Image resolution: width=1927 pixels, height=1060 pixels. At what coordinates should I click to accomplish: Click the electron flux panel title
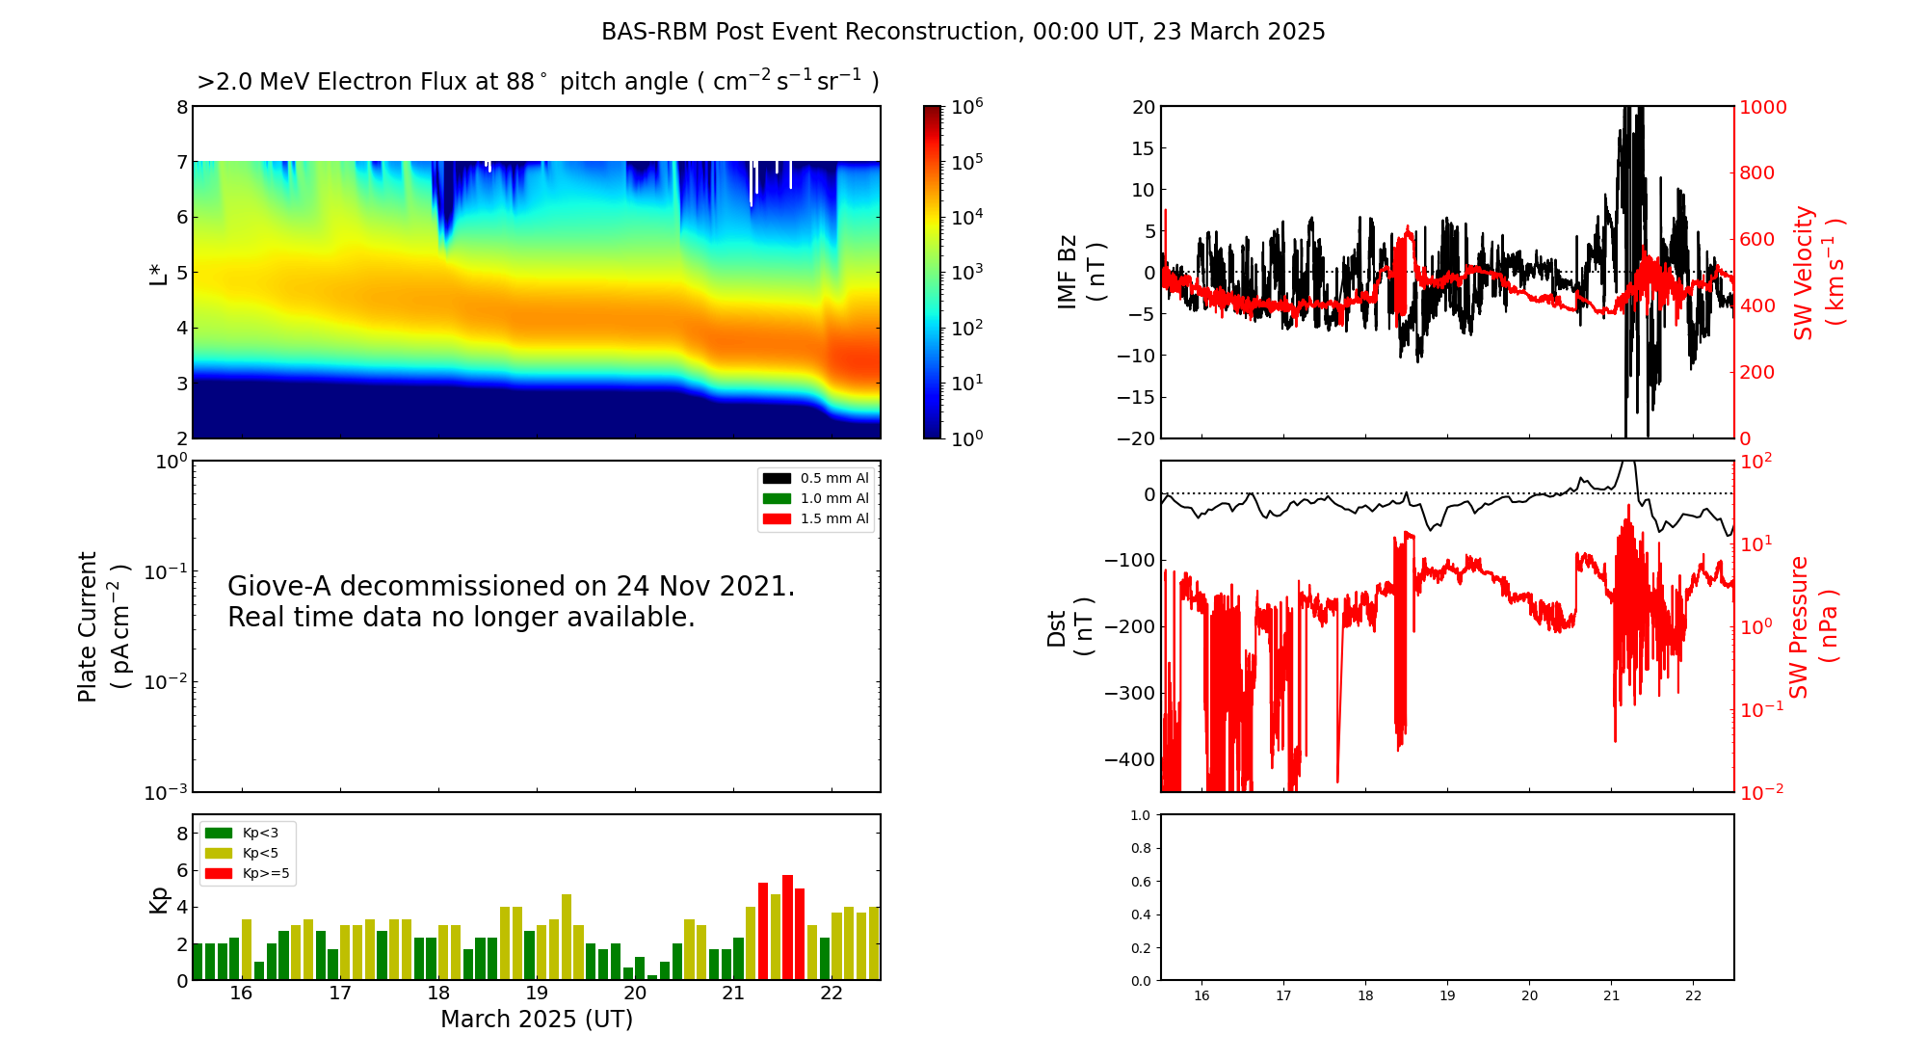tap(538, 82)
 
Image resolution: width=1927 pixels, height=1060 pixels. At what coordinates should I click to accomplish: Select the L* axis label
tap(158, 273)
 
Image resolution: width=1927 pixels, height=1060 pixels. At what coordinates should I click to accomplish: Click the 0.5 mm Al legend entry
tap(815, 478)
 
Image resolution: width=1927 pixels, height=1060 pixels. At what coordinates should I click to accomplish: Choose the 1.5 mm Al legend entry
tap(815, 518)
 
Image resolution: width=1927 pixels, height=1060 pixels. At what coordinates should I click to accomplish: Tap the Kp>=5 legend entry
tap(247, 874)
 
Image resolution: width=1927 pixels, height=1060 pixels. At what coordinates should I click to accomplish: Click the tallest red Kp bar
tap(787, 927)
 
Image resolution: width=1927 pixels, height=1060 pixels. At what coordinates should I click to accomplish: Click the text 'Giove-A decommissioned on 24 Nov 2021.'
tap(512, 586)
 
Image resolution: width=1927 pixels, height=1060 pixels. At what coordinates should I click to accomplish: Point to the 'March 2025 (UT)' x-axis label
tap(537, 1020)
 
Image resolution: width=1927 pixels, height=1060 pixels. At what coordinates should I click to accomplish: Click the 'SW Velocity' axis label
tap(1803, 273)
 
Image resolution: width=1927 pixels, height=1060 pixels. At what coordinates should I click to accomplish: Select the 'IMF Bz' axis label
tap(1067, 272)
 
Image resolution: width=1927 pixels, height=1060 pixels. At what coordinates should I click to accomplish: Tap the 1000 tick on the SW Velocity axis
tap(1762, 107)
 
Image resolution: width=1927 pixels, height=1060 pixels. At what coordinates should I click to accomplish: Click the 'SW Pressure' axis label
tap(1799, 627)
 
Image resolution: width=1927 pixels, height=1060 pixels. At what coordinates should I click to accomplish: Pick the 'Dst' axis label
tap(1056, 628)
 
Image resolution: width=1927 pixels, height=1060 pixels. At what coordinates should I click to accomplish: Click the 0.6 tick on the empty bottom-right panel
tap(1140, 882)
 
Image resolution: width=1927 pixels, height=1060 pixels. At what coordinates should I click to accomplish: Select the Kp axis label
tap(158, 900)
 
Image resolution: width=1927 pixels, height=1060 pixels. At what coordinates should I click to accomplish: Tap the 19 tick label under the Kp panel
tap(537, 994)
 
